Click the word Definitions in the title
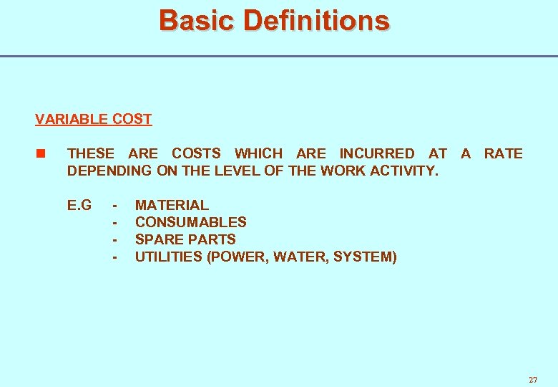316,20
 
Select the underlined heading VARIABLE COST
93,119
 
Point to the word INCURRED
376,153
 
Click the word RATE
503,153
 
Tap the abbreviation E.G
79,205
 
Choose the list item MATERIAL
172,205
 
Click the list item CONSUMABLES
190,222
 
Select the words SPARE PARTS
185,239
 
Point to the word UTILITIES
168,257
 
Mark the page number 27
532,380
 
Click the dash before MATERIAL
114,205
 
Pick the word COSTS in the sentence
196,153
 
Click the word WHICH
258,153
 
